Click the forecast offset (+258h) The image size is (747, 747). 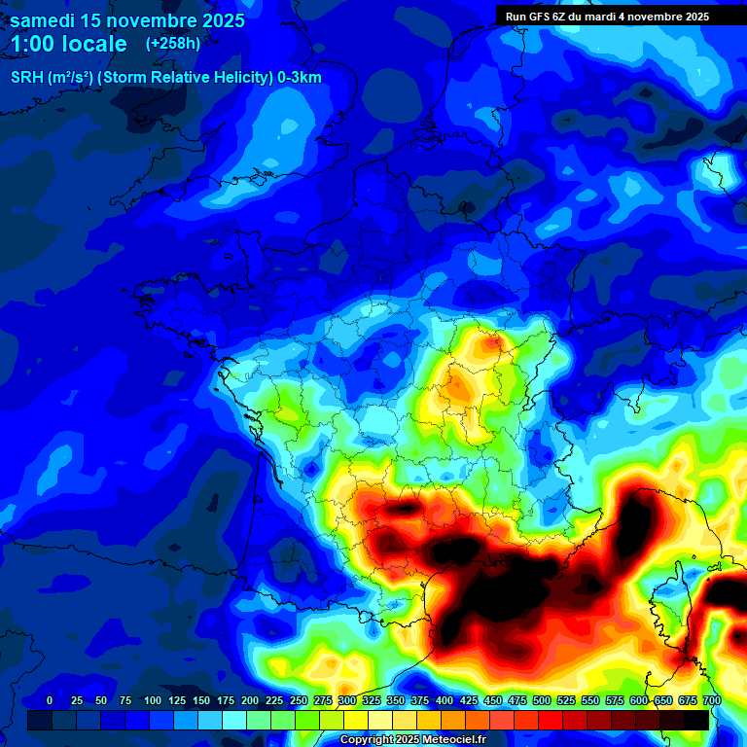[173, 44]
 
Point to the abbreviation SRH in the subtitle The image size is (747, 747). [27, 78]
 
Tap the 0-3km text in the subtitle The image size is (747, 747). [300, 78]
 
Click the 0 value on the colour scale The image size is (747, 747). [50, 701]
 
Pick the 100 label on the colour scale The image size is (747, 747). [153, 701]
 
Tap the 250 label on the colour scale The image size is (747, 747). [299, 701]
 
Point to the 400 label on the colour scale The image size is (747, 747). [445, 701]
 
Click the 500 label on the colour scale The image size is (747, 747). [542, 701]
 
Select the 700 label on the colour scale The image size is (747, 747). [711, 701]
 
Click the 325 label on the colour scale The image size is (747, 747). [372, 701]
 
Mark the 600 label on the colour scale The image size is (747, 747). [639, 701]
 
